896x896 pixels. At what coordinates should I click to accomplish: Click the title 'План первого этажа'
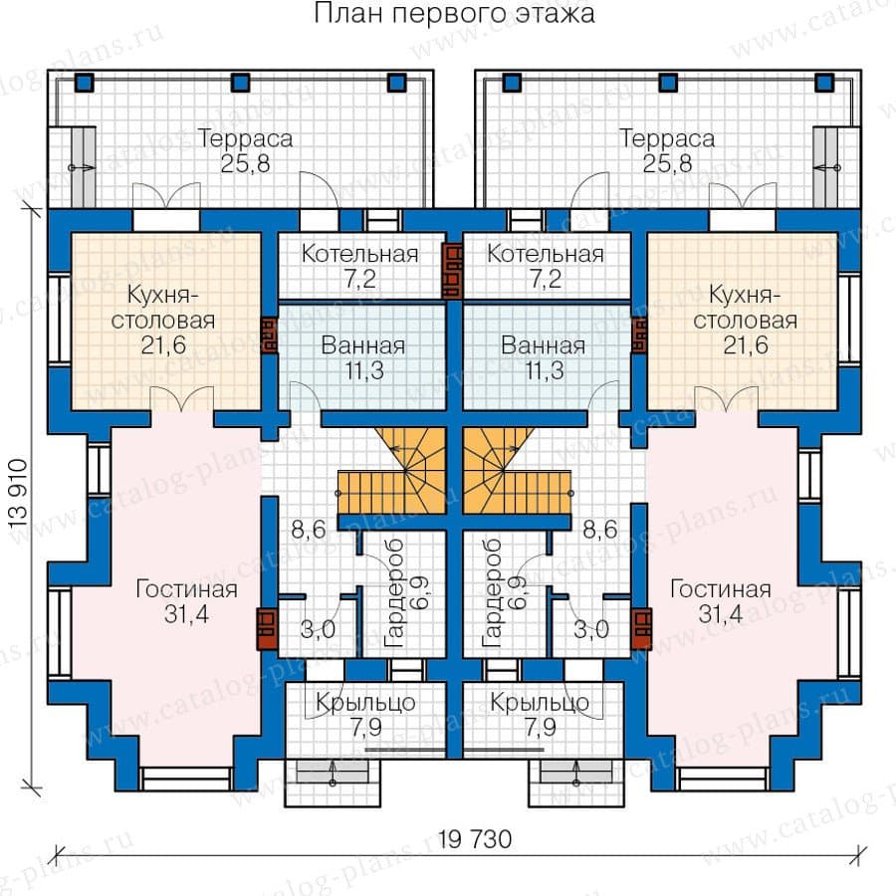point(454,14)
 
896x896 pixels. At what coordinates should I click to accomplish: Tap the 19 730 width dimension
point(475,840)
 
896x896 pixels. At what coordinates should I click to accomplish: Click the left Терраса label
point(245,138)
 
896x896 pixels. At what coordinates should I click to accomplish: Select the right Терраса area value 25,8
point(667,164)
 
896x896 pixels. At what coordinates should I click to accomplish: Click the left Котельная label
point(360,254)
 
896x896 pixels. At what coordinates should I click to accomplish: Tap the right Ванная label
point(543,345)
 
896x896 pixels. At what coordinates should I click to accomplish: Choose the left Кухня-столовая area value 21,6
point(163,345)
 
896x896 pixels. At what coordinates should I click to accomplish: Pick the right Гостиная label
point(721,589)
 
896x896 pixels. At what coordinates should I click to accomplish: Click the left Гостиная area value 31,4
point(186,614)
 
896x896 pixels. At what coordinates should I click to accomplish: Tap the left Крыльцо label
point(365,703)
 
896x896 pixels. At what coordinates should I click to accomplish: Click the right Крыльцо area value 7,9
point(540,728)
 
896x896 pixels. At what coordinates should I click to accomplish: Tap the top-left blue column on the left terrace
point(84,83)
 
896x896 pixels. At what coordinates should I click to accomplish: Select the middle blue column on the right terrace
point(668,83)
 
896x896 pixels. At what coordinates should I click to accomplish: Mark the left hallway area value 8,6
point(309,530)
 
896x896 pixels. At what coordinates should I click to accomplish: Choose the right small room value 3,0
point(590,630)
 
